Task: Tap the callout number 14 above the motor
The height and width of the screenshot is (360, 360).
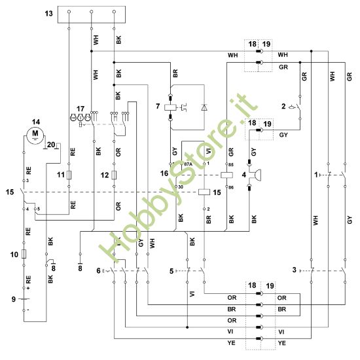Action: pos(36,121)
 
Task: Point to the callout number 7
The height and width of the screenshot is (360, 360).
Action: pos(158,105)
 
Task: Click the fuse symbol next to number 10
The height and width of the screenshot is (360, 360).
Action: pos(24,255)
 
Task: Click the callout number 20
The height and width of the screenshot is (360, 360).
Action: pos(51,144)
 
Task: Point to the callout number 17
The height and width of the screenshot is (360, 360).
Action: pos(81,108)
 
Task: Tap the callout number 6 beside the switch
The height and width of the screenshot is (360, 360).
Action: pos(99,270)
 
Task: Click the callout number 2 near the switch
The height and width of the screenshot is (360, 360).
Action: pos(283,105)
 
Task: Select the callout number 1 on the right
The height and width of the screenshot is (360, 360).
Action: pos(315,175)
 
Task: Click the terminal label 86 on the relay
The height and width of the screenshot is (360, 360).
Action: pos(230,187)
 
